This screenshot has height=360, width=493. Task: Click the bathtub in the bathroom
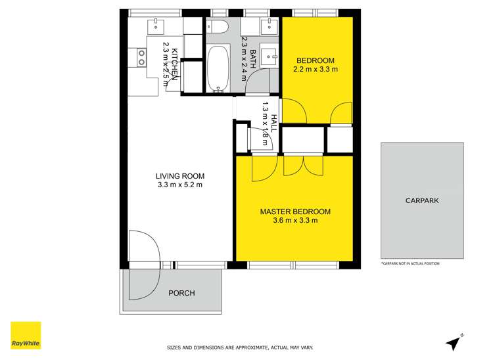[218, 68]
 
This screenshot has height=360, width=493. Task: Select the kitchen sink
[157, 26]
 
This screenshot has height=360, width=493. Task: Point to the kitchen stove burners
[141, 57]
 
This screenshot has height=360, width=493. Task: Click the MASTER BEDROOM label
[295, 212]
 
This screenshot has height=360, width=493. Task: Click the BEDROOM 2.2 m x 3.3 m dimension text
[315, 68]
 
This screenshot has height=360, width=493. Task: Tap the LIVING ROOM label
[179, 176]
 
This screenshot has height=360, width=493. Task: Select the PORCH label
[181, 293]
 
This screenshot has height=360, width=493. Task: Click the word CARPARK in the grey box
[422, 201]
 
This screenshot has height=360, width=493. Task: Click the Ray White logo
[26, 336]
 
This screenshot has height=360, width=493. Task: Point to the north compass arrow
[453, 342]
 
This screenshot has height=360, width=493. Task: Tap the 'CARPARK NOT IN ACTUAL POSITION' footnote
[410, 263]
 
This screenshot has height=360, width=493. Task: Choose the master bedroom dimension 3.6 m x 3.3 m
[295, 221]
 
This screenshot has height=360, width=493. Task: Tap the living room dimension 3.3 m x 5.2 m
[179, 185]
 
